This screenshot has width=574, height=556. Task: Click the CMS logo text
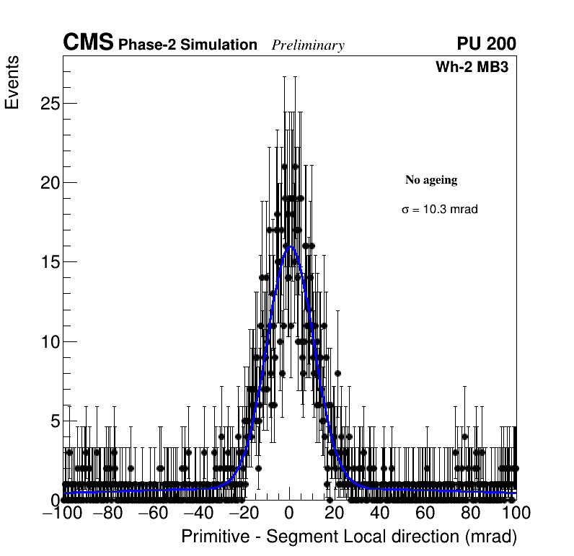(88, 43)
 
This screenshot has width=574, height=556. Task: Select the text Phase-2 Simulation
(187, 45)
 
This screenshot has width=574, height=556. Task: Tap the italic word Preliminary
(308, 46)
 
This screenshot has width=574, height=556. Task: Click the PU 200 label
(486, 44)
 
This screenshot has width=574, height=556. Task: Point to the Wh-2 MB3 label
(472, 68)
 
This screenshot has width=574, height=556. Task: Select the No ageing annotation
(431, 180)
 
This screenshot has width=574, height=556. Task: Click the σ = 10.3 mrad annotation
(440, 210)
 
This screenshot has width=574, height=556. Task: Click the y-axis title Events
(12, 84)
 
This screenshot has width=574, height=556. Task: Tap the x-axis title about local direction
(349, 537)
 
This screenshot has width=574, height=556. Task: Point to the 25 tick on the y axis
(49, 103)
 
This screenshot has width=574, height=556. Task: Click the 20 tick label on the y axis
(49, 182)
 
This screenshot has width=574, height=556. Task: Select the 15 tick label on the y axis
(49, 262)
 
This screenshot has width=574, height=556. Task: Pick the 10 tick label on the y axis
(49, 341)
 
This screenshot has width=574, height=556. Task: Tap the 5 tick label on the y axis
(54, 421)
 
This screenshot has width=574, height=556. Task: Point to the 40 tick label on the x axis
(380, 513)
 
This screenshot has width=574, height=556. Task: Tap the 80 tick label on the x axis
(471, 513)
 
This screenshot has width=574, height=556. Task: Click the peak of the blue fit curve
(290, 246)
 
